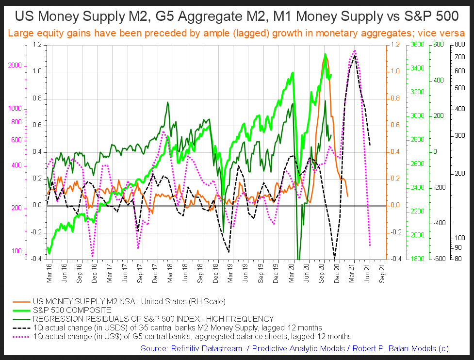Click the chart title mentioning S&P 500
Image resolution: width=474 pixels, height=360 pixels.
point(237,16)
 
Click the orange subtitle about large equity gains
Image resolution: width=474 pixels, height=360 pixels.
point(237,34)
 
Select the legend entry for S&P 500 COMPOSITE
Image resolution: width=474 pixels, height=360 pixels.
point(72,310)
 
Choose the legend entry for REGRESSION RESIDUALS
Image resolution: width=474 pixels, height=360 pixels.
point(153,319)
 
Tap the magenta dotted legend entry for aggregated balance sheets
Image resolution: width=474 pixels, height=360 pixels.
point(192,336)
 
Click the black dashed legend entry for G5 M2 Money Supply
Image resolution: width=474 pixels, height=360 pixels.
point(177,327)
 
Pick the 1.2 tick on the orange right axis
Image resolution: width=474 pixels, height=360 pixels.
point(395,45)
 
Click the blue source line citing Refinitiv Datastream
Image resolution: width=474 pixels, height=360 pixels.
point(294,348)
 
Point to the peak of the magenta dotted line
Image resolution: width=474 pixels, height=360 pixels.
point(355,50)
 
